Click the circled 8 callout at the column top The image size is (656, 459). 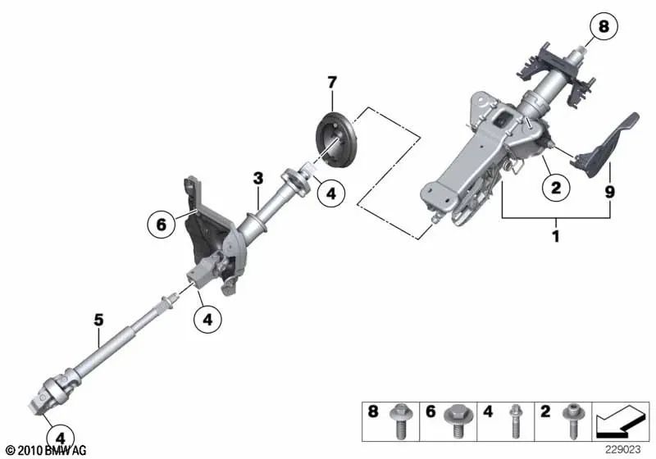604,28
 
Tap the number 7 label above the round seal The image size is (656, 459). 331,82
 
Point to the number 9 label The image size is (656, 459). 609,193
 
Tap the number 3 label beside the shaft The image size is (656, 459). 257,178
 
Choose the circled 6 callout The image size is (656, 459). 162,222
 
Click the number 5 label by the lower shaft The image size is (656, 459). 98,320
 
